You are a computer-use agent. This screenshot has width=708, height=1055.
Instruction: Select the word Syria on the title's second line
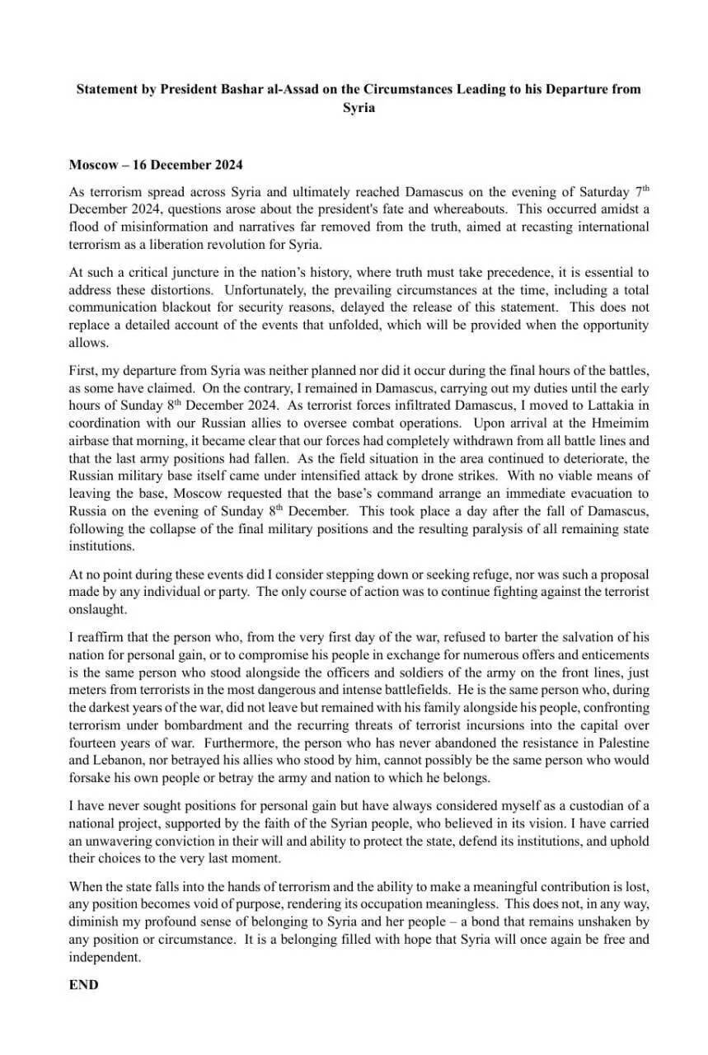359,107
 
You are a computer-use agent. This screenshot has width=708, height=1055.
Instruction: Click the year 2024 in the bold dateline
224,164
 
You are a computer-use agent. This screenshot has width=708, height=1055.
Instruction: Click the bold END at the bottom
83,984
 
